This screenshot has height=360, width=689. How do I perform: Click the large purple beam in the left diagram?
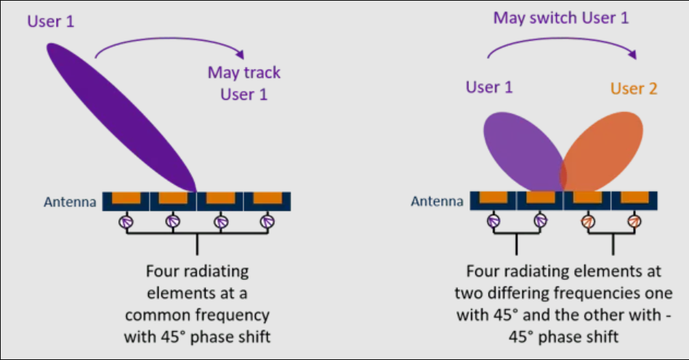(120, 116)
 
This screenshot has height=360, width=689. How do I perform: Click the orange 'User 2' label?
(634, 89)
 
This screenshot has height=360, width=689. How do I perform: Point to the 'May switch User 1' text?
(560, 17)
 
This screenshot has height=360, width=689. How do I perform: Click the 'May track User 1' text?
(243, 83)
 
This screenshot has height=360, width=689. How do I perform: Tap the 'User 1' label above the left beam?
(51, 21)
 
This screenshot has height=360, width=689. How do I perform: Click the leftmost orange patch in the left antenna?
(126, 197)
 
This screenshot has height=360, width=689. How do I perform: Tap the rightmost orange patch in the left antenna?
(268, 197)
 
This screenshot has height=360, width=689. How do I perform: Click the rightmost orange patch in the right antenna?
(636, 197)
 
